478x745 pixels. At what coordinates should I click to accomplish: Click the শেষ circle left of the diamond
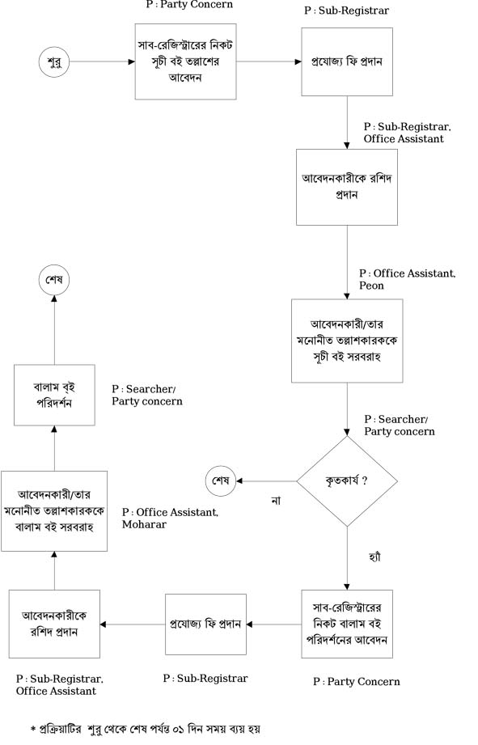pos(221,480)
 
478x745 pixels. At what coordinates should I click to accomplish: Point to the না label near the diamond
pos(276,501)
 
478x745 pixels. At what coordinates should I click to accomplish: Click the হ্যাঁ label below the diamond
pos(375,557)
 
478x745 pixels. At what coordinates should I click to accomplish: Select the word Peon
pos(371,286)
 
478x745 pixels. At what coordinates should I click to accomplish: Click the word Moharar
pos(145,524)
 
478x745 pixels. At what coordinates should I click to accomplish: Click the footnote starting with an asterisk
pos(145,729)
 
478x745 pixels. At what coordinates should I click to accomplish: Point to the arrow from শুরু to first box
pos(103,61)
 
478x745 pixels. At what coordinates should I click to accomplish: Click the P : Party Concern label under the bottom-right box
pos(357,682)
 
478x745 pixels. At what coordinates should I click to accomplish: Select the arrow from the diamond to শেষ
pos(267,480)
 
